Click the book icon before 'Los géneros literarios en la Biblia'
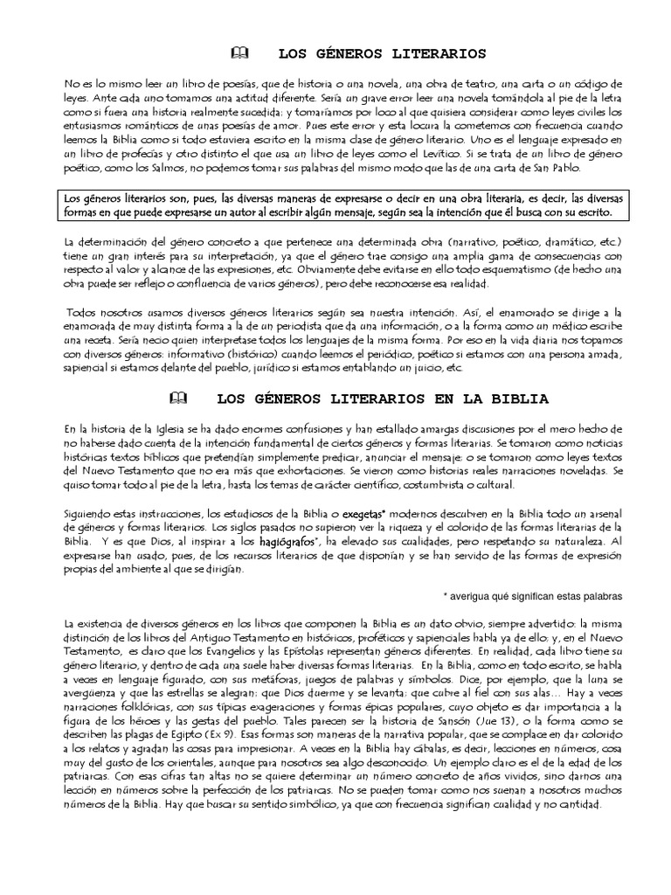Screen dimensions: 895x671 tap(178, 399)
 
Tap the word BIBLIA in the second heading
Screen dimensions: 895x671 tap(522, 399)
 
